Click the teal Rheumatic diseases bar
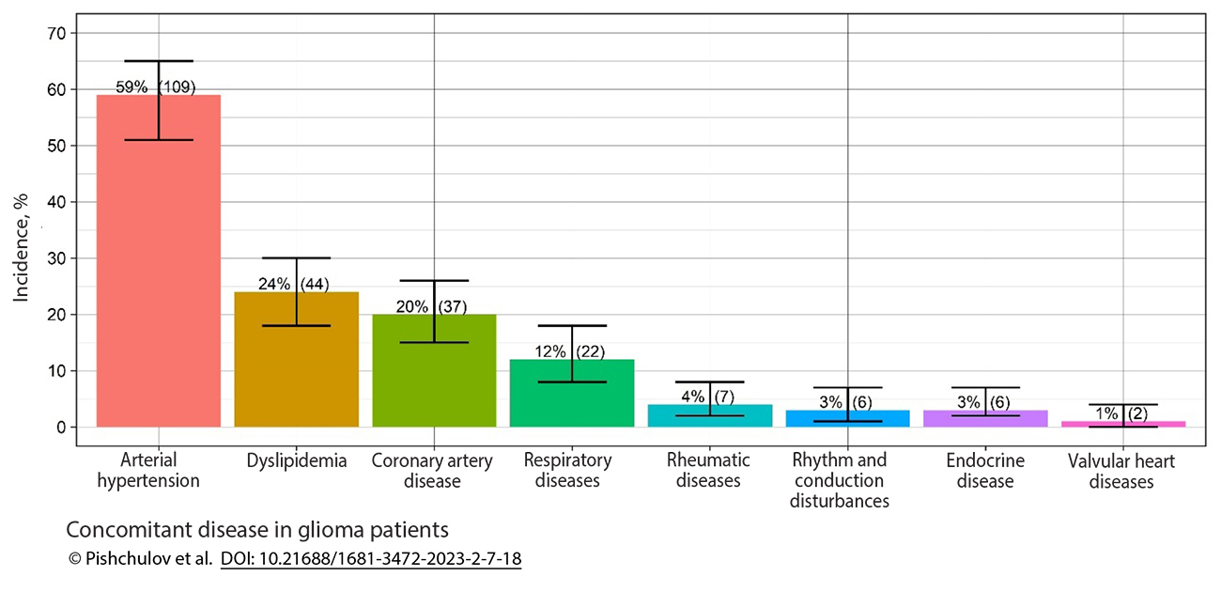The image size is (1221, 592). [x=710, y=416]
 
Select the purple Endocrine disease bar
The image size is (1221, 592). [x=985, y=419]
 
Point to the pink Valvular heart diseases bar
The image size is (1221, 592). [x=1123, y=424]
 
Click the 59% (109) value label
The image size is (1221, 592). [x=155, y=86]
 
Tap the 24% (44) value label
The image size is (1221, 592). [x=293, y=284]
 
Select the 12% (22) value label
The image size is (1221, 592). [x=569, y=351]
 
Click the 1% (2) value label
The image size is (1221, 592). [x=1121, y=413]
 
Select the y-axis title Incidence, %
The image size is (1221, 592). [x=22, y=246]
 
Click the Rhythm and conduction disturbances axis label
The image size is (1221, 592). [x=839, y=480]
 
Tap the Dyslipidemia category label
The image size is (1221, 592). [x=297, y=461]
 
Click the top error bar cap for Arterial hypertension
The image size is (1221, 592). [x=159, y=61]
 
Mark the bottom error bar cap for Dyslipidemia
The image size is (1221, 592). [x=297, y=325]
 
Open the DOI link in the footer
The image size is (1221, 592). [x=370, y=559]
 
